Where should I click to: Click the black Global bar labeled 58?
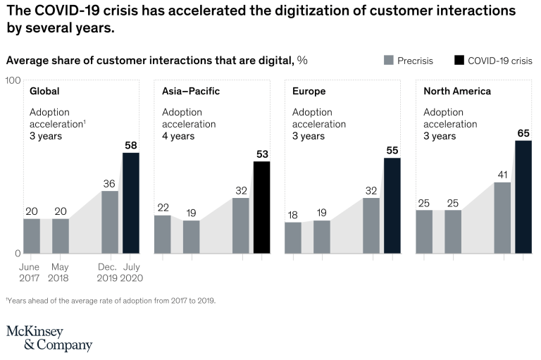point(131,203)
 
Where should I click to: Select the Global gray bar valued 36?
point(110,222)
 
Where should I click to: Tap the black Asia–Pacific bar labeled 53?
point(261,207)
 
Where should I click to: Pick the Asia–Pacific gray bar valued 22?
point(162,234)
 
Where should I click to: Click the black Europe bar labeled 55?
point(392,205)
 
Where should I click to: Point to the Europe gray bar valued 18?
point(293,237)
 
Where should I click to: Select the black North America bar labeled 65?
point(523,197)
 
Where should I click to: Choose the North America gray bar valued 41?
point(502,218)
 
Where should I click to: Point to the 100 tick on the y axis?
point(13,80)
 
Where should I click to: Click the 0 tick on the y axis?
point(17,253)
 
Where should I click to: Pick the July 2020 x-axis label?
point(132,272)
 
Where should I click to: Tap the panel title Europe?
point(309,92)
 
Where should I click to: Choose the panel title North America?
point(456,92)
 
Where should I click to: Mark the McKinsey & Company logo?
point(49,338)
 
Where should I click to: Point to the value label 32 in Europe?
point(371,190)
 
